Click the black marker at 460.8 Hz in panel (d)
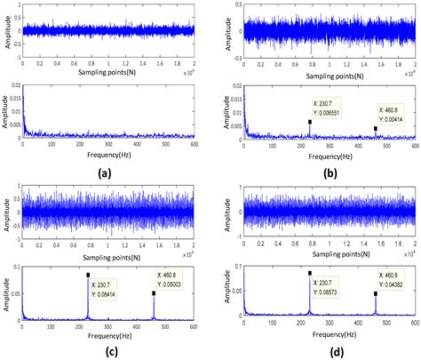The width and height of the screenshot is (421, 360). coord(376,292)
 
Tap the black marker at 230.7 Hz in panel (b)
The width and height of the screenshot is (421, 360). coord(310,122)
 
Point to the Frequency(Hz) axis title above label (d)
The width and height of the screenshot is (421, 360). coord(328,335)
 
